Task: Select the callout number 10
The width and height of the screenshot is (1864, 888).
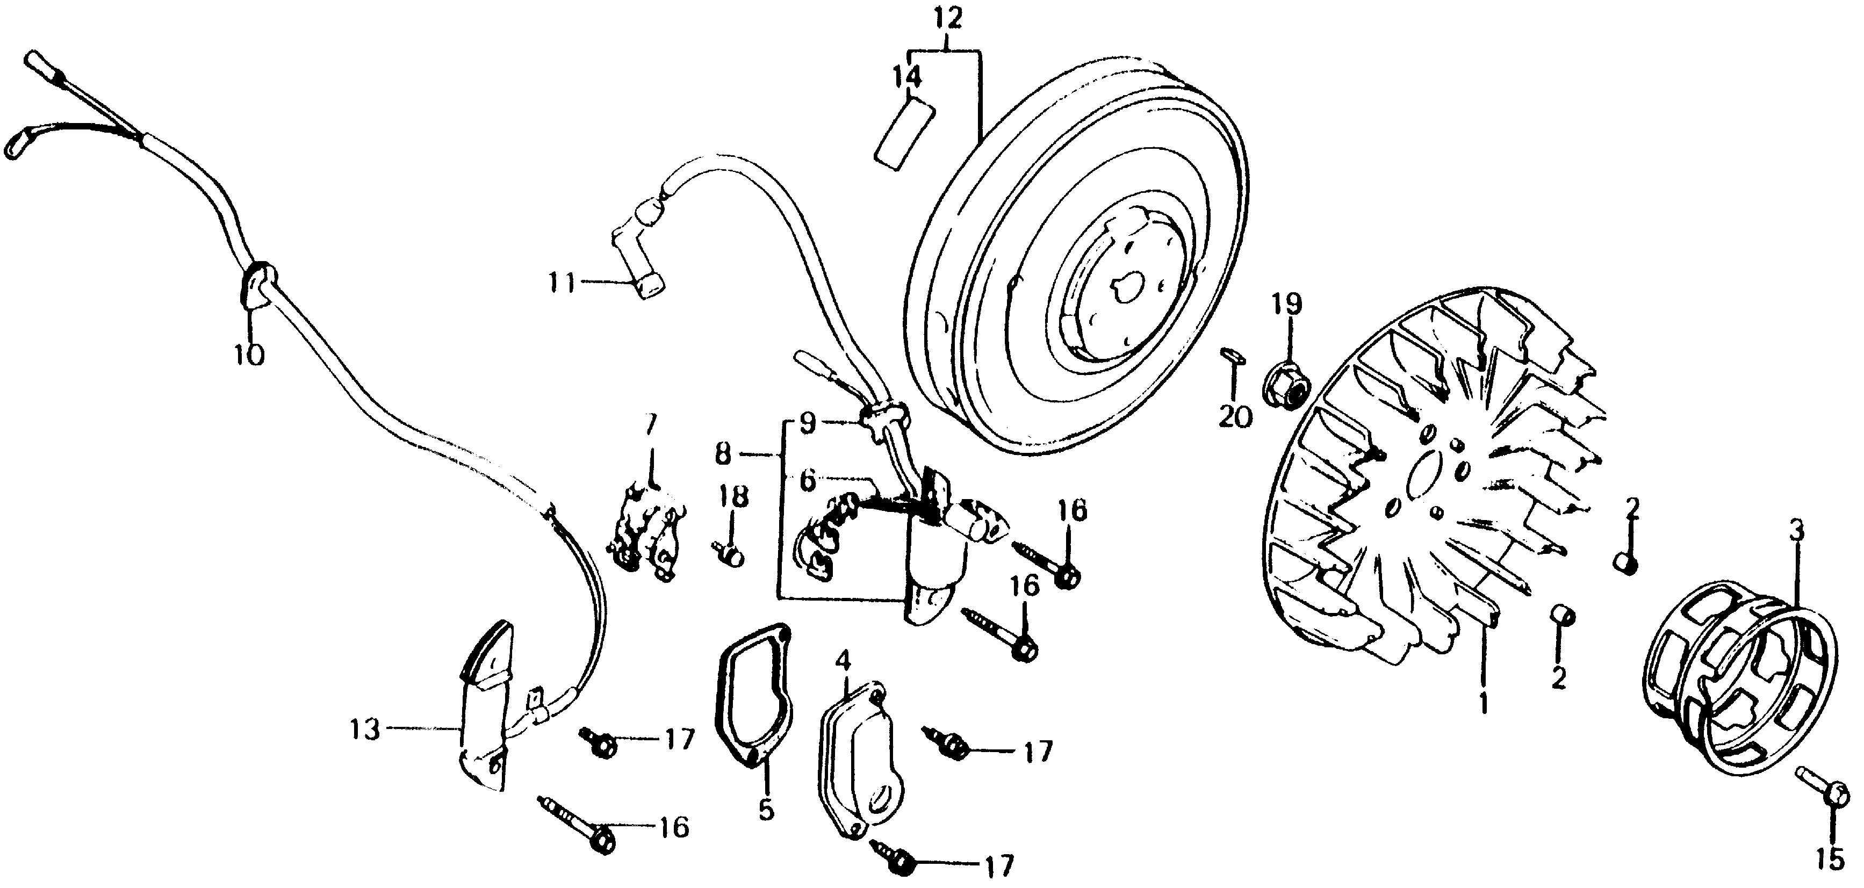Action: (249, 355)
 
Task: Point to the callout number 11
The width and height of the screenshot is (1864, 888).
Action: (562, 283)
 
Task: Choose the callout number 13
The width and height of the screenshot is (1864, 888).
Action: (365, 730)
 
